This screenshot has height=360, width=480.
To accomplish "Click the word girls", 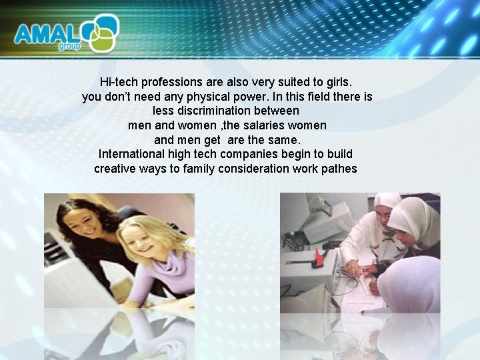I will [x=337, y=83].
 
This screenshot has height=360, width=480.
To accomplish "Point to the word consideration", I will [x=256, y=169].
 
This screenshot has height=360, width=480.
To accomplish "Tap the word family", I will [x=203, y=169].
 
